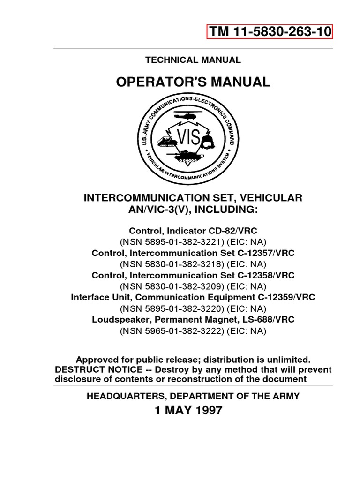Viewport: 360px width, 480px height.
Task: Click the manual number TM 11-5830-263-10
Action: coord(270,31)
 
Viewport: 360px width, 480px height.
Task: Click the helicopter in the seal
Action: coord(193,115)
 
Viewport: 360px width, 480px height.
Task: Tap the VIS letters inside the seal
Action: coord(189,137)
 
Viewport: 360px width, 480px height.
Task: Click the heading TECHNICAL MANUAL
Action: coord(193,60)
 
